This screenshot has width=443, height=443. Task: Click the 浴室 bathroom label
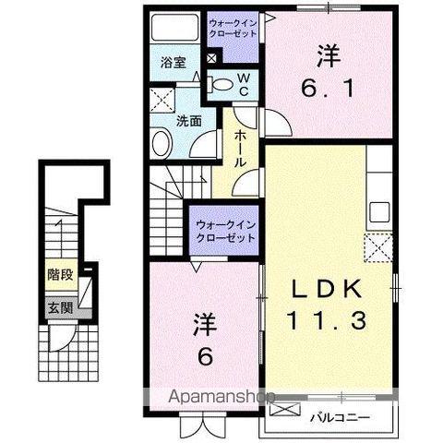(x=174, y=64)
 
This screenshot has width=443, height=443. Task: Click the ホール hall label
(x=240, y=147)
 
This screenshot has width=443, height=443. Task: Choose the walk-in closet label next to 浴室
(x=235, y=27)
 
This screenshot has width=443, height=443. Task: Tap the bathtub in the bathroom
(x=174, y=30)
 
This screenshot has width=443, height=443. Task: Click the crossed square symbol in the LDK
(x=377, y=247)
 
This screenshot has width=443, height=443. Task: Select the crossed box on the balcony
(x=284, y=410)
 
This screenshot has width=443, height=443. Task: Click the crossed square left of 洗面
(x=162, y=101)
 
